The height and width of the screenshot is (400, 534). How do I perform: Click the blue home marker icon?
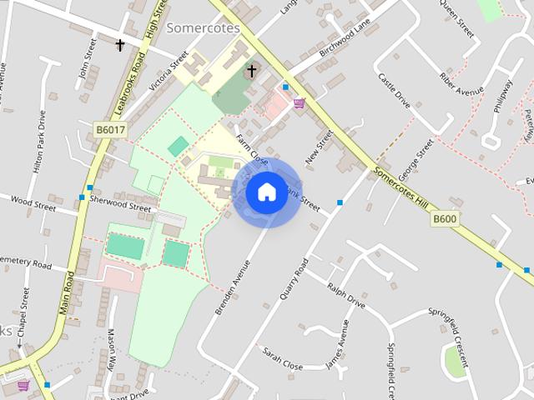pos(266,192)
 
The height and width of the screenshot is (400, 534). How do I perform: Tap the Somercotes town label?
pos(203,27)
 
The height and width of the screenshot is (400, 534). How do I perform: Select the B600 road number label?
pos(445,219)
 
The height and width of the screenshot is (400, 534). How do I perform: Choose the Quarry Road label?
pos(295,278)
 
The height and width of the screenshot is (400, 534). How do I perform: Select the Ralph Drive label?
pos(346,296)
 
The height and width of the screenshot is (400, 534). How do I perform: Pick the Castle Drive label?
pos(394,91)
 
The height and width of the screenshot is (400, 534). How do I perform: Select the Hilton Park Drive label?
pos(39,142)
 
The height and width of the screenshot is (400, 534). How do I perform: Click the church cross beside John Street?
pos(120,45)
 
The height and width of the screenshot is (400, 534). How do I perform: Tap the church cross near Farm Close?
pos(250,71)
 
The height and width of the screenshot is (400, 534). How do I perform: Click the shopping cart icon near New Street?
pos(299,103)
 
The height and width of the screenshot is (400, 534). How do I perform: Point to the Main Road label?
pos(68,292)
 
